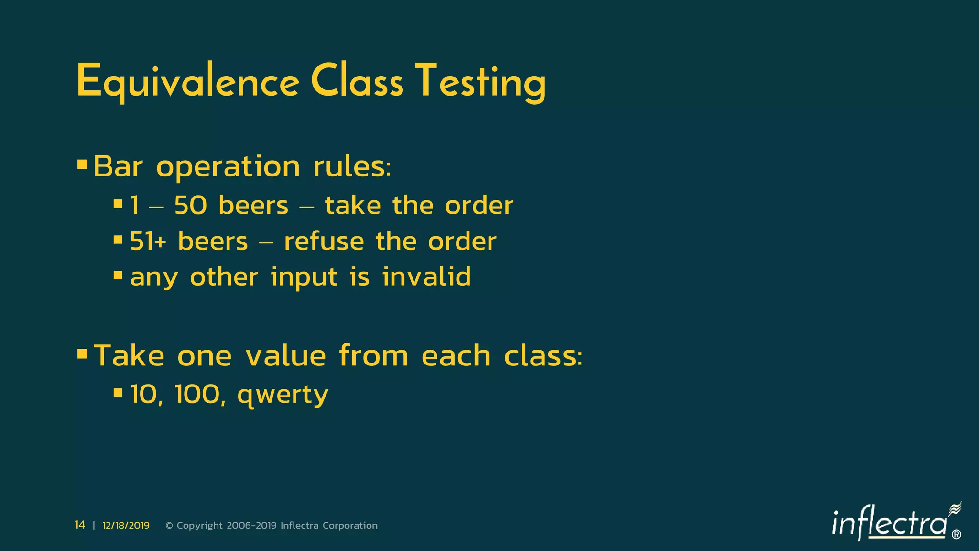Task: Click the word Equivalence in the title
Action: (187, 82)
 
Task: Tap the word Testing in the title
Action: (480, 82)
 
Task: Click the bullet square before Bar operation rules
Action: (82, 165)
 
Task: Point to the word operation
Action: (228, 167)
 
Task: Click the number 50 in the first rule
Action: (190, 206)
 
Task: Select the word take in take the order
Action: (353, 206)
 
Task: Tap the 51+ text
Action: (148, 241)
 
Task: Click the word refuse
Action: (323, 241)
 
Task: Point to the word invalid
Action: (426, 276)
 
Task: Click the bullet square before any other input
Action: (118, 275)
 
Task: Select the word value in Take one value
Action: (285, 356)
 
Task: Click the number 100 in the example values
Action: (197, 395)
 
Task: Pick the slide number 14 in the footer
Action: (80, 525)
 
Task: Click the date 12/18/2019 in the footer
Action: (126, 526)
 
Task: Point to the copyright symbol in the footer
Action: (169, 526)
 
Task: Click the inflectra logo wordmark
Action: (889, 524)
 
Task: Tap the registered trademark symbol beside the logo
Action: (956, 535)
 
